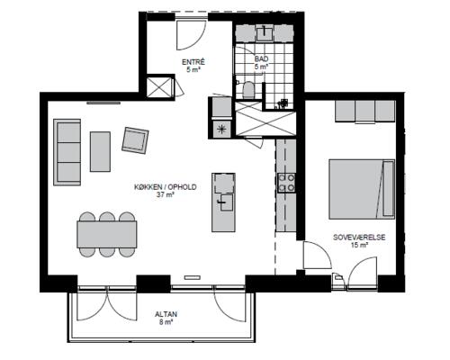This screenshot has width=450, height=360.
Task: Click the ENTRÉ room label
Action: [x=193, y=62]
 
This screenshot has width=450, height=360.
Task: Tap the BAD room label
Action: [x=261, y=58]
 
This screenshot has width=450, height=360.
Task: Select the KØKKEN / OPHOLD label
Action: [x=166, y=187]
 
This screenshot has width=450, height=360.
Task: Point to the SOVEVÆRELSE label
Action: [x=359, y=238]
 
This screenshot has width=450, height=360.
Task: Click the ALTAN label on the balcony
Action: [x=166, y=314]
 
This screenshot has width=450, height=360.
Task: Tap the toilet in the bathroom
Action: [x=248, y=90]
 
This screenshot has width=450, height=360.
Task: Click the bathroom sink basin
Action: [x=264, y=33]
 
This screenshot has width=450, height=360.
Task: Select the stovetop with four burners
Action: [x=286, y=183]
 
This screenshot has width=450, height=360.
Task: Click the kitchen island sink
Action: [x=225, y=202]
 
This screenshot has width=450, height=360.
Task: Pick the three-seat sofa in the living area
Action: [x=67, y=152]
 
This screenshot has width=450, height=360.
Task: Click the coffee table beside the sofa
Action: [x=100, y=151]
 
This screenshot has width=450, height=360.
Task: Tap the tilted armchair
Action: [x=135, y=140]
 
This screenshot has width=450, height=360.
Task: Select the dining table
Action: [x=107, y=234]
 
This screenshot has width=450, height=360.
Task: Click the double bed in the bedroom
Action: [x=362, y=189]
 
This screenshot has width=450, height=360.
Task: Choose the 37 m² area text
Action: [x=166, y=194]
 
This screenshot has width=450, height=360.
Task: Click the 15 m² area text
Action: [x=359, y=245]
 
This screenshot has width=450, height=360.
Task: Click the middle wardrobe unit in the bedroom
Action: [x=364, y=111]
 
